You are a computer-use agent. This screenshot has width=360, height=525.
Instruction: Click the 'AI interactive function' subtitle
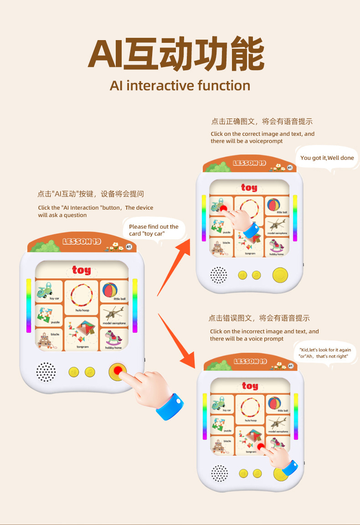tap(180, 85)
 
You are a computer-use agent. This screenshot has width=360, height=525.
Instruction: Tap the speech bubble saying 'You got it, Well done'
tap(327, 158)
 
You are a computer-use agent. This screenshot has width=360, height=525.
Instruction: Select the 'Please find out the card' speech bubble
tap(154, 230)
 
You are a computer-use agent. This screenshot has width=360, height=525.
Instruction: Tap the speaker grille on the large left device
tap(46, 371)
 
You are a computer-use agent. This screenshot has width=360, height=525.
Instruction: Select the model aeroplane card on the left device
tap(113, 315)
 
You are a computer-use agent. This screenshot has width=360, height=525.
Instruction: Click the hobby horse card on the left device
tap(113, 340)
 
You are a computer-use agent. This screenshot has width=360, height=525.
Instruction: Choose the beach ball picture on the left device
tap(109, 290)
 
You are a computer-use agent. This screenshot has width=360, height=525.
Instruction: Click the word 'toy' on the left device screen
tap(82, 270)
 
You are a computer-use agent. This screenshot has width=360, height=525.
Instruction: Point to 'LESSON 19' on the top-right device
tap(249, 163)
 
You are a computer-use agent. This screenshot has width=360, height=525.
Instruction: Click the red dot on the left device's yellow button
tap(118, 371)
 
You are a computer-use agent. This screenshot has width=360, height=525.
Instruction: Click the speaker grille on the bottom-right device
tap(219, 473)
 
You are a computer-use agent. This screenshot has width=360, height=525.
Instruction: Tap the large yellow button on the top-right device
tap(280, 274)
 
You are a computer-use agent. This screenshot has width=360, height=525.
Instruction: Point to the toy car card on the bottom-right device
tap(222, 404)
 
